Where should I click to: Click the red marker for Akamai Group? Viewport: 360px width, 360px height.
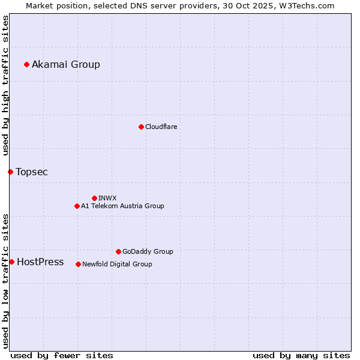[26, 64]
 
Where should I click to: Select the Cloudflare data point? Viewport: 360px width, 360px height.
[141, 127]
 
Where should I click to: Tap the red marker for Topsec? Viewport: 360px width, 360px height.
[10, 172]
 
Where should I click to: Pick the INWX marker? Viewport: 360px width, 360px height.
[94, 198]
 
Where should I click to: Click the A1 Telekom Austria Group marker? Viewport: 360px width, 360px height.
[77, 206]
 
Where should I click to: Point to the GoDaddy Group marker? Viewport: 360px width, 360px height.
[118, 251]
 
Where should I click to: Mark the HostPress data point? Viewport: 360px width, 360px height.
[11, 262]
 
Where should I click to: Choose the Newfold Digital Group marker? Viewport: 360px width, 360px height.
[78, 264]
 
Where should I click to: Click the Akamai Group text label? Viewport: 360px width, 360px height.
[66, 65]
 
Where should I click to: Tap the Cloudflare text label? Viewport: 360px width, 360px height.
[161, 127]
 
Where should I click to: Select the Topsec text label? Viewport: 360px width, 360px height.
[32, 172]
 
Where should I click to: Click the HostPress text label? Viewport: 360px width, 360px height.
[40, 262]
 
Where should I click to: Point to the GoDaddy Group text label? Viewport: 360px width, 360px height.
[148, 252]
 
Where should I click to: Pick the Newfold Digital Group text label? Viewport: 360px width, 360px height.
[117, 264]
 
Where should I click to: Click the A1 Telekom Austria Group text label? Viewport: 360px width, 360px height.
[122, 206]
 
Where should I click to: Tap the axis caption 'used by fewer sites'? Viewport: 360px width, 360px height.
[62, 355]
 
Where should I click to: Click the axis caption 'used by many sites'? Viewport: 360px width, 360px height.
[301, 355]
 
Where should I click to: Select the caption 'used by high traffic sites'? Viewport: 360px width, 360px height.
[6, 85]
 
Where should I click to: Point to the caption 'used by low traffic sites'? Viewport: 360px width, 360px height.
[6, 280]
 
